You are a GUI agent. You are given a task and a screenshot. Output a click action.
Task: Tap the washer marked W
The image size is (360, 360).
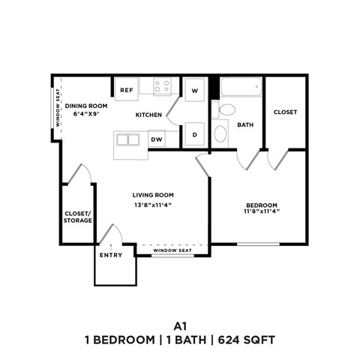pyautogui.click(x=195, y=90)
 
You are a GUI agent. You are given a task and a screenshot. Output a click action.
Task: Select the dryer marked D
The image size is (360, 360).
pyautogui.click(x=195, y=135)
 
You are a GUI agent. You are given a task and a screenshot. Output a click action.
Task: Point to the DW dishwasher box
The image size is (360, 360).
pyautogui.click(x=157, y=139)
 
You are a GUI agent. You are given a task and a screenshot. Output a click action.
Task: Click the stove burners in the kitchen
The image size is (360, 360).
pyautogui.click(x=163, y=86)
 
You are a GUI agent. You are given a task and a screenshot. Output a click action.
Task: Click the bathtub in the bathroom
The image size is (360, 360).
pyautogui.click(x=240, y=87)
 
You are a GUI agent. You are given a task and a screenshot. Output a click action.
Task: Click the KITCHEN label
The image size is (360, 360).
pyautogui.click(x=148, y=115)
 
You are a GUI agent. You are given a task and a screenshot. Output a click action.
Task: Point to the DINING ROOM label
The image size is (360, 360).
pyautogui.click(x=87, y=106)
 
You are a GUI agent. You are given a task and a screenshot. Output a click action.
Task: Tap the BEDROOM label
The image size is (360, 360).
pyautogui.click(x=262, y=205)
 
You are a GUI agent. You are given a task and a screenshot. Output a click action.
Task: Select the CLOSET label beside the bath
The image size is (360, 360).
pyautogui.click(x=285, y=112)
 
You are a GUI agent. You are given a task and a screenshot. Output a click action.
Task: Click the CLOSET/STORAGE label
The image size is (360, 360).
pyautogui.click(x=78, y=217)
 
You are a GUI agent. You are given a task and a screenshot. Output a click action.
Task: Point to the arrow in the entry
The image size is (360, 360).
pyautogui.click(x=111, y=247)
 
